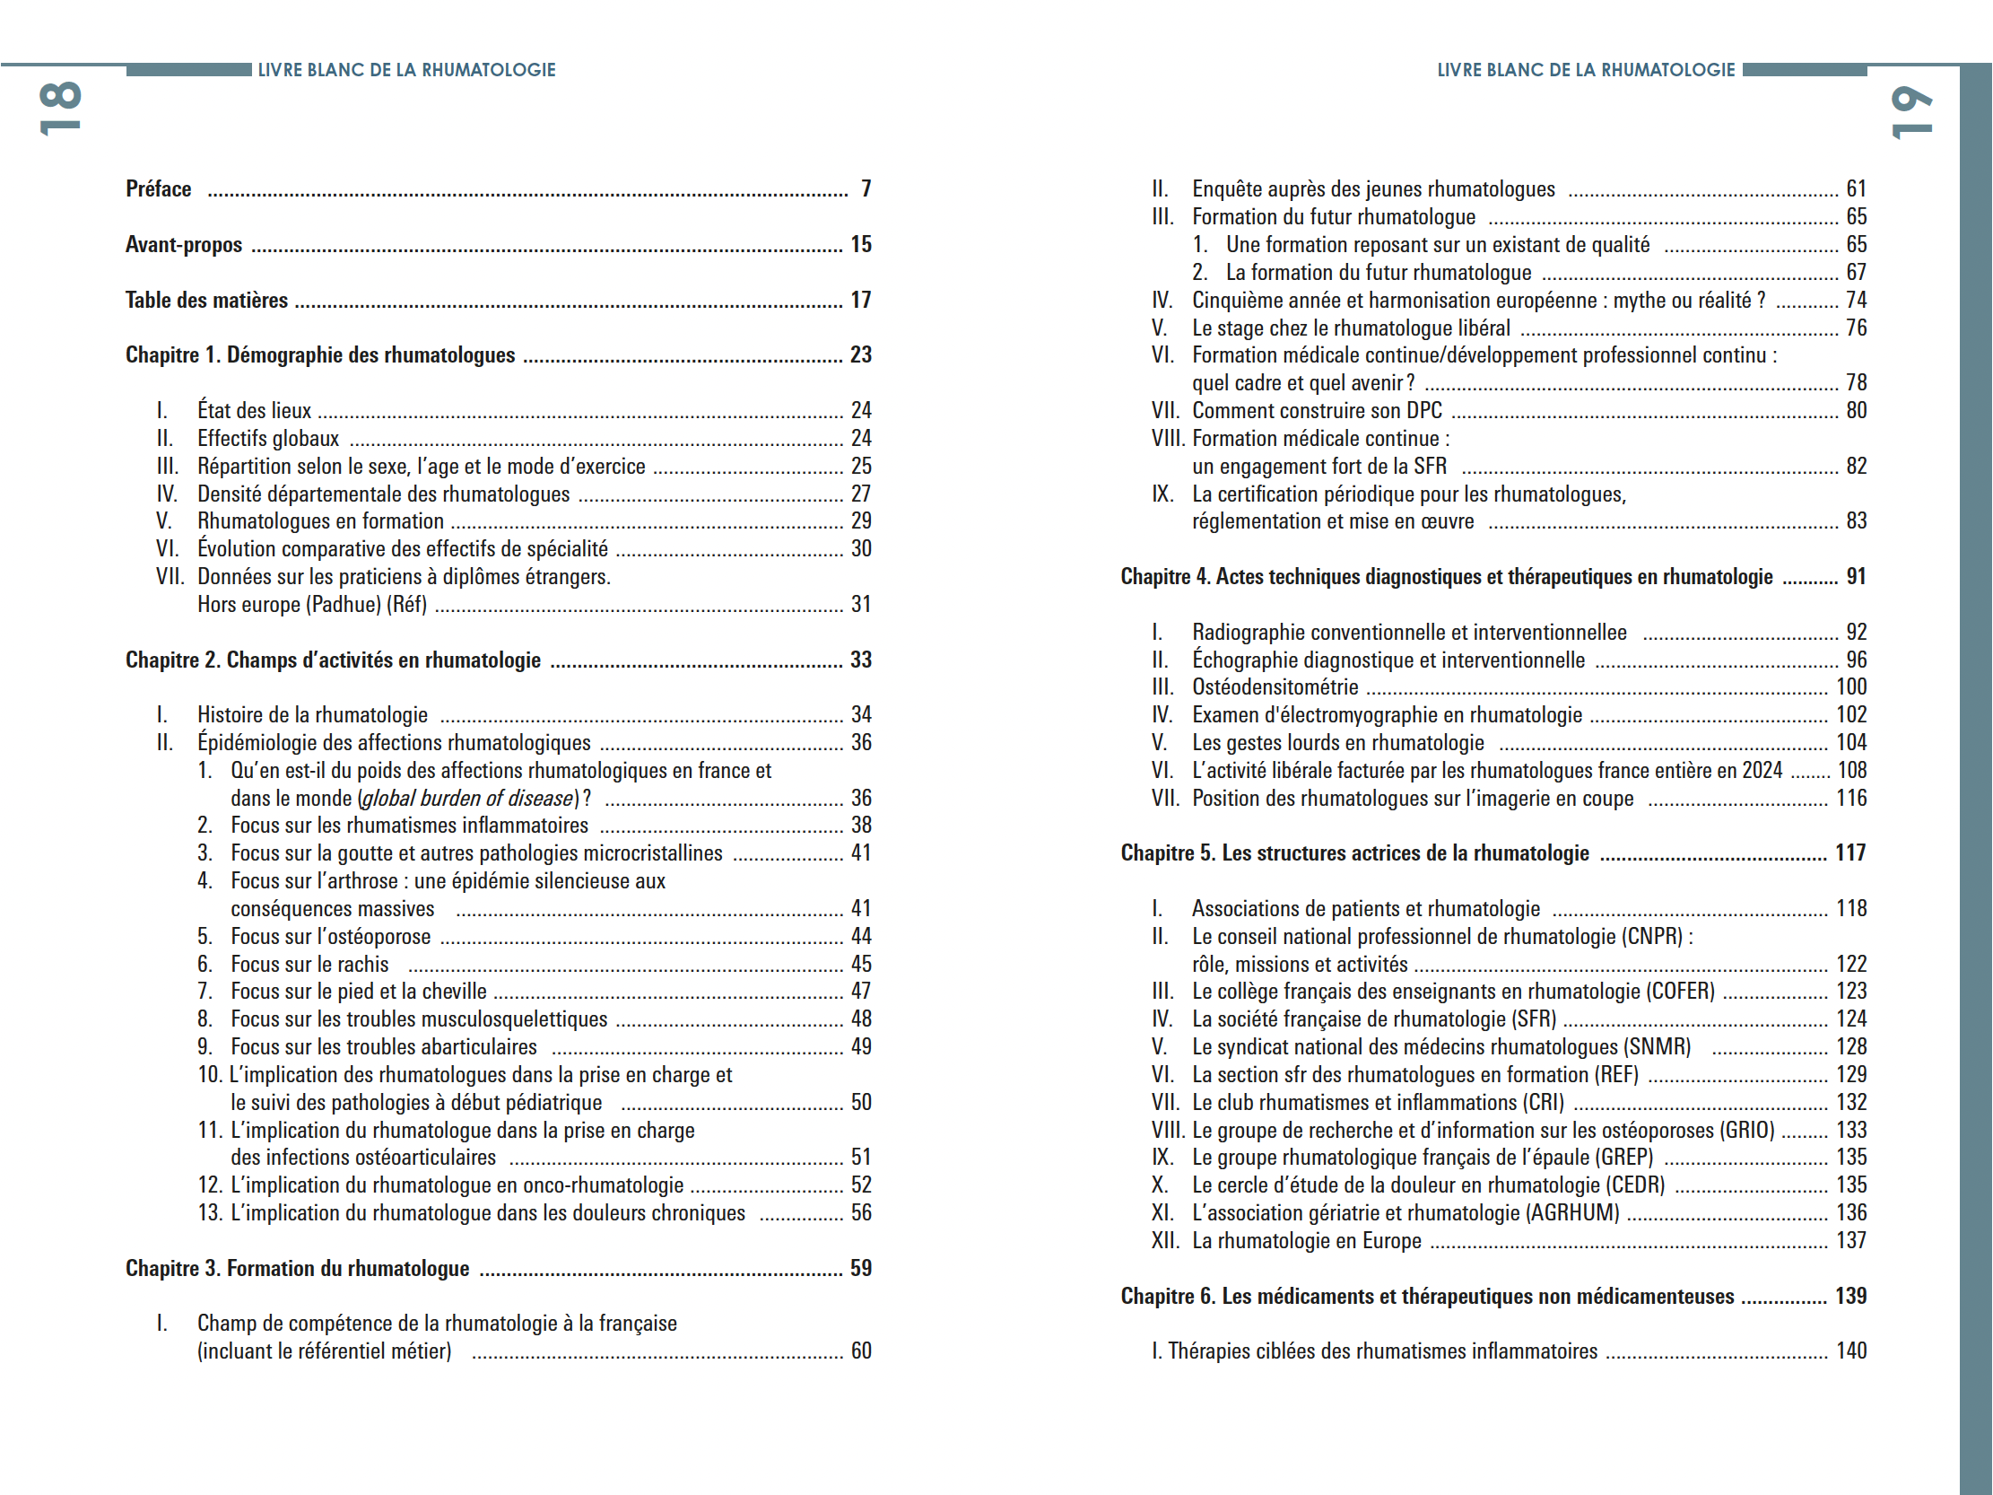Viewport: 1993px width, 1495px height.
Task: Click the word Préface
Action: click(x=159, y=189)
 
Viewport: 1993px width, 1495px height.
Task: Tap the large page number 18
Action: click(x=60, y=109)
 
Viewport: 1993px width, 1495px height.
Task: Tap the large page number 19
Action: click(x=1910, y=113)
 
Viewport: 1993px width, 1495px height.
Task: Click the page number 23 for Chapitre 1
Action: click(x=860, y=355)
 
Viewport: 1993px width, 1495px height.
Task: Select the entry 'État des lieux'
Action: click(x=254, y=411)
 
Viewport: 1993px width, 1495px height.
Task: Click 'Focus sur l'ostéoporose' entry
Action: click(x=331, y=937)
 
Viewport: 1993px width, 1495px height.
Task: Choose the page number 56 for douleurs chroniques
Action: click(x=860, y=1214)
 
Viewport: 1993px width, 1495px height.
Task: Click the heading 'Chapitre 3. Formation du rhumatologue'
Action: click(x=297, y=1269)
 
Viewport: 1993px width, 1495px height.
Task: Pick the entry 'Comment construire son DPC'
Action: click(x=1317, y=411)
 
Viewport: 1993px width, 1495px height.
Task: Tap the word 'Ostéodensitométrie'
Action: click(x=1275, y=687)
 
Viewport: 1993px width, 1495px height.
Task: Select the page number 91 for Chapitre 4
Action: click(x=1856, y=577)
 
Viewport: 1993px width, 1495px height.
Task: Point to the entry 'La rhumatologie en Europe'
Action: click(x=1307, y=1241)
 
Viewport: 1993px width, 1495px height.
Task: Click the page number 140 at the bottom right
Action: click(x=1850, y=1351)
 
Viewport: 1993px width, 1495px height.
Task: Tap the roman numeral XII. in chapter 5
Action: click(x=1165, y=1241)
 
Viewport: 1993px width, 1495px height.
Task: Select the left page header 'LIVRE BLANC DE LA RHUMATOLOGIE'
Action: click(x=406, y=70)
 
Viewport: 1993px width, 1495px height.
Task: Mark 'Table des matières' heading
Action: click(x=206, y=300)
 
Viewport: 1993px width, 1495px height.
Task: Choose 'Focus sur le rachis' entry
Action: click(x=309, y=966)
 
